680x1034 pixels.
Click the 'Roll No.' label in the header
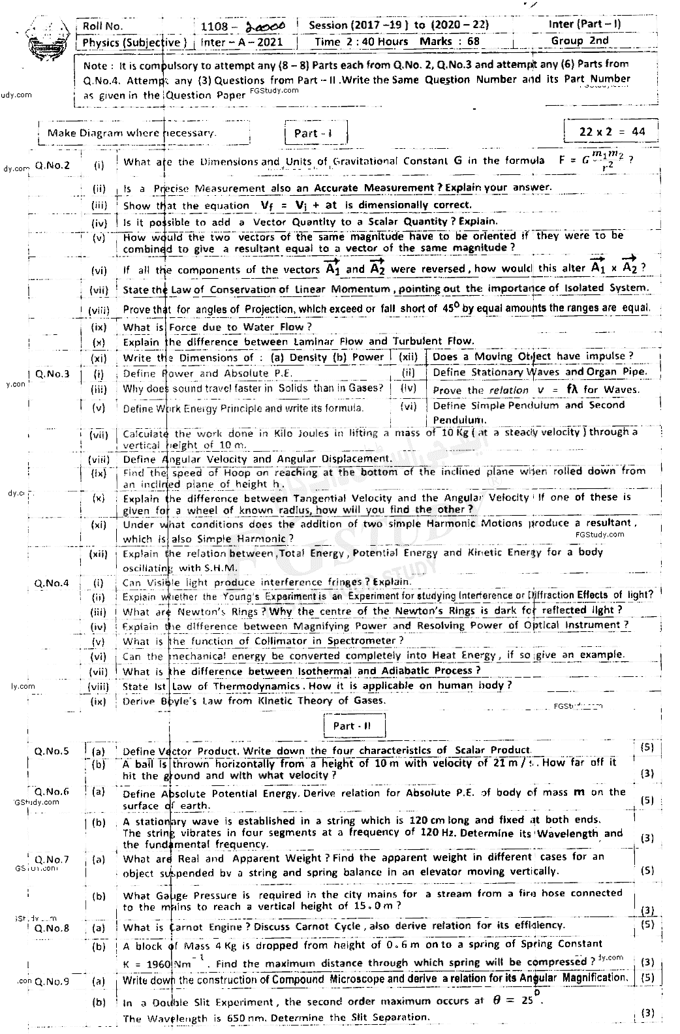(x=103, y=26)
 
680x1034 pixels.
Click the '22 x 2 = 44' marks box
(x=611, y=131)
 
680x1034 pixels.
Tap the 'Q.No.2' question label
(x=53, y=165)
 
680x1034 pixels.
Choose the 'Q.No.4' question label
(x=52, y=582)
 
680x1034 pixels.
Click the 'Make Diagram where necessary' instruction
(x=131, y=133)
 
